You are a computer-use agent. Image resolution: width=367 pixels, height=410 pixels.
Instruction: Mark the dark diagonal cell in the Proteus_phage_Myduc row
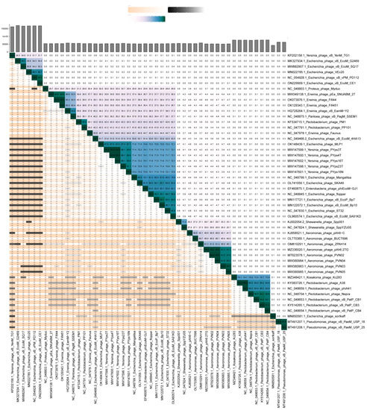pyautogui.click(x=49, y=89)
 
